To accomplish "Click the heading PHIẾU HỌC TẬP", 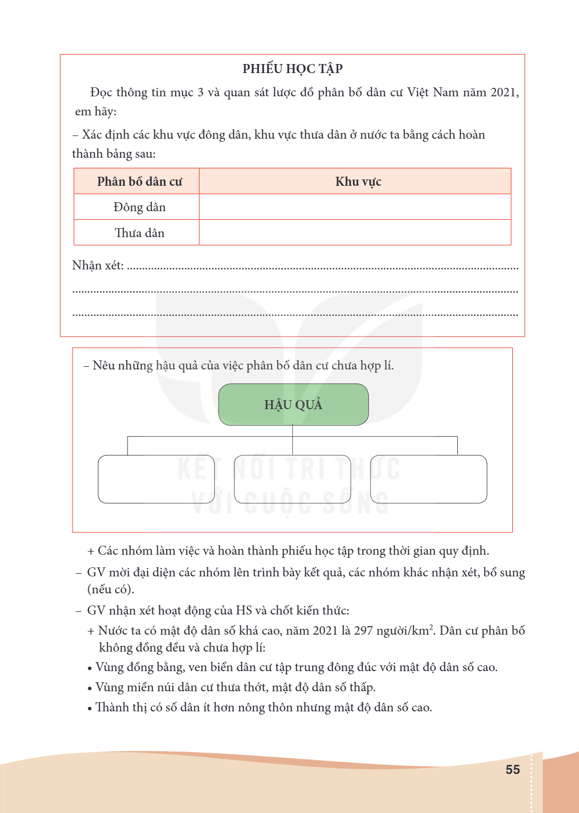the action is point(293,69).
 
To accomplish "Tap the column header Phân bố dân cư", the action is point(139,182).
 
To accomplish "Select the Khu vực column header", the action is point(358,182).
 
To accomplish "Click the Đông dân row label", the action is point(139,207).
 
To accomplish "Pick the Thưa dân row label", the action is point(139,233).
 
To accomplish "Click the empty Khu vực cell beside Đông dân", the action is point(355,207).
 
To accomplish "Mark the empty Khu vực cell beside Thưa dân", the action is point(355,233).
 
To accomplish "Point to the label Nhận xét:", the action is point(98,266).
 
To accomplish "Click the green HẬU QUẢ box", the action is point(293,404).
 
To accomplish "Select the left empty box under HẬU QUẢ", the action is point(156,479).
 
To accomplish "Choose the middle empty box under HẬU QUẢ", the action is point(292,479).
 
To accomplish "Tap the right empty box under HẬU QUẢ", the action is point(428,479).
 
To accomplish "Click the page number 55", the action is point(512,770).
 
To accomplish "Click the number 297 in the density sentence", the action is point(364,630).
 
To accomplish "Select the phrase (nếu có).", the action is point(111,589).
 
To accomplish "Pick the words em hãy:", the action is point(96,112).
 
